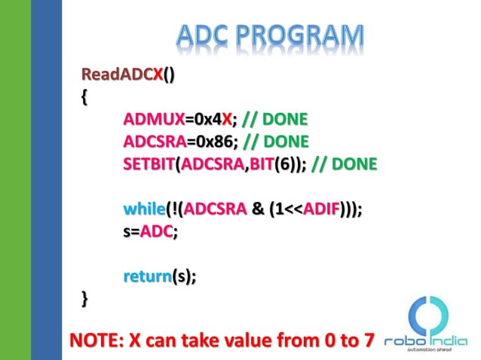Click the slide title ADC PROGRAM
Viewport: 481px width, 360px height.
click(x=271, y=36)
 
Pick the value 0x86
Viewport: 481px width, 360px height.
click(x=213, y=141)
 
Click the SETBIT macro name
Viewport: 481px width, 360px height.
click(x=149, y=163)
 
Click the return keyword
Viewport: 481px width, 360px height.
click(x=146, y=277)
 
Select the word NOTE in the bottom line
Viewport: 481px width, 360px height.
click(x=93, y=340)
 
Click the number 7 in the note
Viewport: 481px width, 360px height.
click(x=366, y=340)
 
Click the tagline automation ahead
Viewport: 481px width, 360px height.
click(x=430, y=351)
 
